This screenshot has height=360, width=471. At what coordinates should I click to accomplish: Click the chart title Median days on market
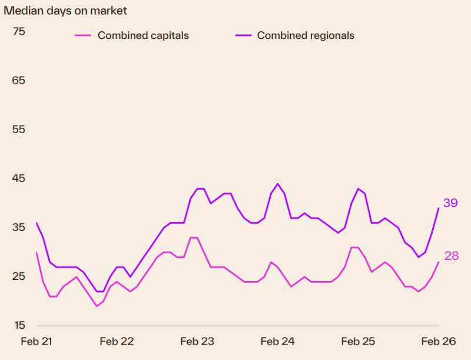coord(65,11)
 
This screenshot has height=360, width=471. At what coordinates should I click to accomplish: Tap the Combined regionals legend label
coord(306,35)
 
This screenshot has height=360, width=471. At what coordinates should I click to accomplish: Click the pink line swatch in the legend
coord(83,35)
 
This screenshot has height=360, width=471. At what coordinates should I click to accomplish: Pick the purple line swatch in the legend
coord(243,35)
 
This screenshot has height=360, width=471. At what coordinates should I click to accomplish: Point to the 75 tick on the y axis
coord(19,31)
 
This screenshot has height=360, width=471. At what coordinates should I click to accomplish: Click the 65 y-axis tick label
coord(19,80)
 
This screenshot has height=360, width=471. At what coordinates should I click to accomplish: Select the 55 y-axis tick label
coord(19,129)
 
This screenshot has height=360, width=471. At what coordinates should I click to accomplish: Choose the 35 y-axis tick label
coord(19,227)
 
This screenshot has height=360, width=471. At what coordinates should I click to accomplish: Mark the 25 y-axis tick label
coord(19,276)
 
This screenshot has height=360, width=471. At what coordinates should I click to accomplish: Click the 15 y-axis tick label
coord(19,325)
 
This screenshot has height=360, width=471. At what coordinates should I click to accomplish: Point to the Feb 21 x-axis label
coord(37,342)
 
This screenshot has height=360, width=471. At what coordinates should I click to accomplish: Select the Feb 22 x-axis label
coord(117,342)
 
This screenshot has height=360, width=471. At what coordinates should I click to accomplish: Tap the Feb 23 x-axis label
coord(197,342)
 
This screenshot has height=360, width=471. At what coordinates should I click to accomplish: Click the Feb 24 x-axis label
coord(277,342)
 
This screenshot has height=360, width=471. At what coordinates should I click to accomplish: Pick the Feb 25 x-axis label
coord(358,342)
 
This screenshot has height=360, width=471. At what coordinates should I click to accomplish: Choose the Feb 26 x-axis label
coord(439,342)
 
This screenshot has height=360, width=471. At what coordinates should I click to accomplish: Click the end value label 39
coord(450,203)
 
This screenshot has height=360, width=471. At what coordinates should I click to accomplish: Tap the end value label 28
coord(451,256)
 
